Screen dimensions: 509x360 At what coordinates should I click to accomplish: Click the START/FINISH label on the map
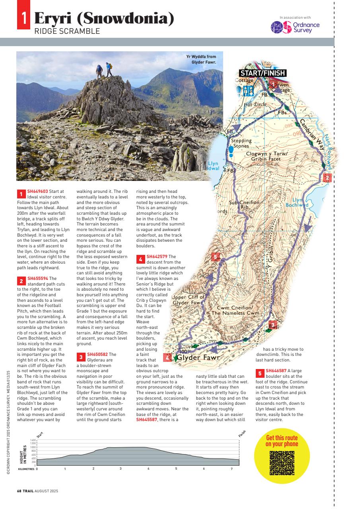click(263, 73)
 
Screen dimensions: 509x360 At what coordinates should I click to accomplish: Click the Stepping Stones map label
click(242, 143)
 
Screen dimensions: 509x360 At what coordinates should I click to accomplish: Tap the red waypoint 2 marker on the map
click(327, 178)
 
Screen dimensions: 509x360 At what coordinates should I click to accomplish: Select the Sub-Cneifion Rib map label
click(244, 205)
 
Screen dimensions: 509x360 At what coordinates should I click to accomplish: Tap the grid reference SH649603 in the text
click(37, 192)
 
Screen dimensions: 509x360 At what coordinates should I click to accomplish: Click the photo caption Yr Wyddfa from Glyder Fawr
click(204, 59)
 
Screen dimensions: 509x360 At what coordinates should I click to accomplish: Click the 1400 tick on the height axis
click(33, 440)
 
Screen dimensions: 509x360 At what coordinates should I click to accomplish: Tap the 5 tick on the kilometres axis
click(176, 468)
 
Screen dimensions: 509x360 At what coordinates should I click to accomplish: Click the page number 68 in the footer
click(19, 491)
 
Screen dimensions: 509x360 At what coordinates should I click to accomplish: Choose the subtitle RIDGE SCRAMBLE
click(67, 31)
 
